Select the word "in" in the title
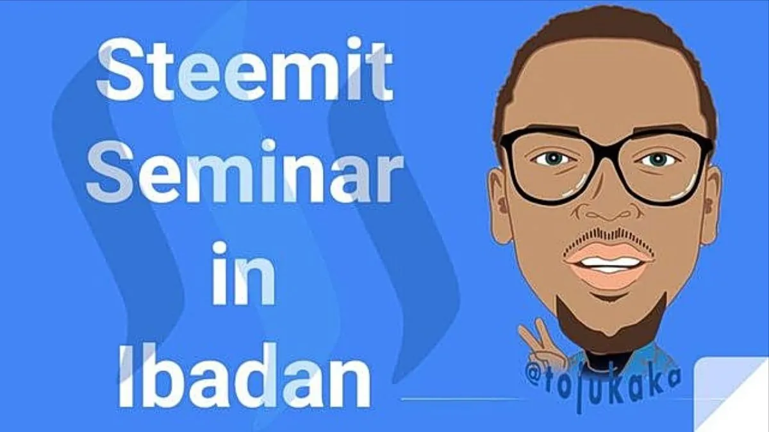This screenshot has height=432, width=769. point(244,274)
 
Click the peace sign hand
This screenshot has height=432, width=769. point(541,343)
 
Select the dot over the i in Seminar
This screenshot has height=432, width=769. point(270,145)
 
